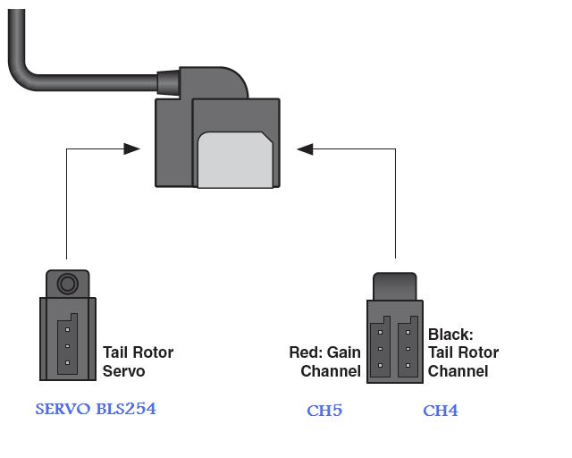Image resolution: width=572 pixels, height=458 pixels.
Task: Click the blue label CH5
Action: pyautogui.click(x=324, y=411)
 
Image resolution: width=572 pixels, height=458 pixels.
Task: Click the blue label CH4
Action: pyautogui.click(x=441, y=411)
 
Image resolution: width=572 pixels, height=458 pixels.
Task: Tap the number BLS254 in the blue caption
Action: pyautogui.click(x=126, y=409)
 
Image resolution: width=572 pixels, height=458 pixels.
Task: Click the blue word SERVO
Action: pyautogui.click(x=63, y=409)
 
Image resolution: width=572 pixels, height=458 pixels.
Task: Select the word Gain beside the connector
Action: pyautogui.click(x=343, y=352)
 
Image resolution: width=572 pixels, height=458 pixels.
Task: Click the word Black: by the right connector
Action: pyautogui.click(x=450, y=335)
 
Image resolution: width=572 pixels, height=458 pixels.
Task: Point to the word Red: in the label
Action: pyautogui.click(x=306, y=352)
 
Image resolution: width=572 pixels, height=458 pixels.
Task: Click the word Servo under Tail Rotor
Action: pyautogui.click(x=123, y=371)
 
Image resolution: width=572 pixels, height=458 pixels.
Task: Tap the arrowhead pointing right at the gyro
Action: pyautogui.click(x=131, y=148)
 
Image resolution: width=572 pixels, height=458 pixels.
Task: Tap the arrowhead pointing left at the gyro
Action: pyautogui.click(x=305, y=149)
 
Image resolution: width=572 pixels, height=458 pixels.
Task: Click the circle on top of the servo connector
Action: pyautogui.click(x=68, y=284)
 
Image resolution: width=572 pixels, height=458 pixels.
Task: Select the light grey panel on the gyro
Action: pyautogui.click(x=235, y=160)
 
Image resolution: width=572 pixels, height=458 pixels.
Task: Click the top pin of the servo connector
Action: pyautogui.click(x=67, y=329)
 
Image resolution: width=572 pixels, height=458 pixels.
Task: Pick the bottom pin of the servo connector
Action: pyautogui.click(x=67, y=362)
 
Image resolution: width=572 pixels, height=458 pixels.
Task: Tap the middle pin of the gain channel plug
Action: pyautogui.click(x=380, y=349)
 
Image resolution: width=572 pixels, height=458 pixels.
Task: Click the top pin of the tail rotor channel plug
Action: pyautogui.click(x=408, y=333)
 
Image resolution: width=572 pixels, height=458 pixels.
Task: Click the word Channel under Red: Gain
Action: pyautogui.click(x=331, y=371)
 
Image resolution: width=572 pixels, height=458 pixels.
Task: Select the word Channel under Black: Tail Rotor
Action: pyautogui.click(x=458, y=371)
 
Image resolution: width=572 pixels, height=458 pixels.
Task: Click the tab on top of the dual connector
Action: pyautogui.click(x=395, y=286)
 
